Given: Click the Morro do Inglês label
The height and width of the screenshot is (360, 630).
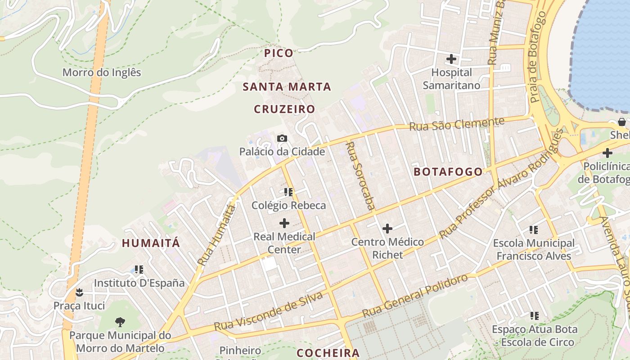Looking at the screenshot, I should point(102,72).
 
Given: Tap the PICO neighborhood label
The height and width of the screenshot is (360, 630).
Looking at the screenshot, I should point(279,53).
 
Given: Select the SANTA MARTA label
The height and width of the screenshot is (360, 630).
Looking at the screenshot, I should point(287,87).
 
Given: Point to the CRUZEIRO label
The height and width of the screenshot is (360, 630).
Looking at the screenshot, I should point(284,109).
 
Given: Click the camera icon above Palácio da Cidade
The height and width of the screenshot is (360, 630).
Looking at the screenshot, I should point(282,138).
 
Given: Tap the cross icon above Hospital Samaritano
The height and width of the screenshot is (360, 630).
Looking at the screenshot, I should point(451,59).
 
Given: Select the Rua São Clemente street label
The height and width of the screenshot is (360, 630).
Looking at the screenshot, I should point(456,124).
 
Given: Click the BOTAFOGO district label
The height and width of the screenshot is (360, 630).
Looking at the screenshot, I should point(448,171).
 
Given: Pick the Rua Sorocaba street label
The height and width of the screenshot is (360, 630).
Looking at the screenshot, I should point(361,175).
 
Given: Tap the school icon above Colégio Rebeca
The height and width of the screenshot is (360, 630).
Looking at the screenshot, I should point(288,192).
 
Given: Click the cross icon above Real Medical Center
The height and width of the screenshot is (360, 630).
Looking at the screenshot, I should point(284,223).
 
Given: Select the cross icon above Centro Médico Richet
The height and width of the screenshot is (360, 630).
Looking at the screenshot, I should point(387,229).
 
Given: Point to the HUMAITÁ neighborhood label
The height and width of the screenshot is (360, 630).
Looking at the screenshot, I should point(151,243).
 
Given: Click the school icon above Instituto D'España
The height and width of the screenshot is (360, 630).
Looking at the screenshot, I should point(139,270).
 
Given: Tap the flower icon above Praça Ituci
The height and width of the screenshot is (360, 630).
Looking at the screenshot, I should point(79,292).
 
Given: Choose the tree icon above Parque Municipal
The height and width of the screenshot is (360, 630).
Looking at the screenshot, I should point(120,322).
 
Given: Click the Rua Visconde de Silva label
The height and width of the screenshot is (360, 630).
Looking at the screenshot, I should point(269,311).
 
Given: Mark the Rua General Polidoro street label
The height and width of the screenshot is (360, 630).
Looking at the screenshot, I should point(415,296).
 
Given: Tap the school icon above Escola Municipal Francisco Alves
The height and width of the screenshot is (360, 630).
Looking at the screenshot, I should point(534,230).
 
